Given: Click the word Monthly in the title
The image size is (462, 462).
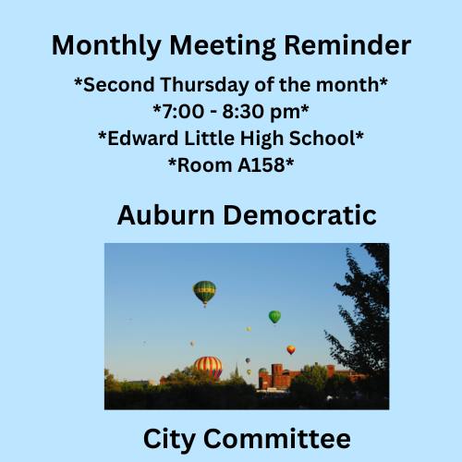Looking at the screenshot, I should (101, 44).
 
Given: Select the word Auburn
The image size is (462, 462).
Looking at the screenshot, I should (165, 215).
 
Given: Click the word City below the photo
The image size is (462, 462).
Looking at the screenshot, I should (172, 438).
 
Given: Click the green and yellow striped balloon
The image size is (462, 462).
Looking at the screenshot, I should (204, 292).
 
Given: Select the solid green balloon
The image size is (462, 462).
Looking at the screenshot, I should (274, 317).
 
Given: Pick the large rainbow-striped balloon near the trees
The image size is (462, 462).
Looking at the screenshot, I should (208, 367).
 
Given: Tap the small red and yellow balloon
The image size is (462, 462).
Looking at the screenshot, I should (291, 349).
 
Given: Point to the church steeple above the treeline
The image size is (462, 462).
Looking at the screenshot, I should (237, 371).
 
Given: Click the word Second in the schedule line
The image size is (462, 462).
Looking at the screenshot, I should (114, 85).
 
